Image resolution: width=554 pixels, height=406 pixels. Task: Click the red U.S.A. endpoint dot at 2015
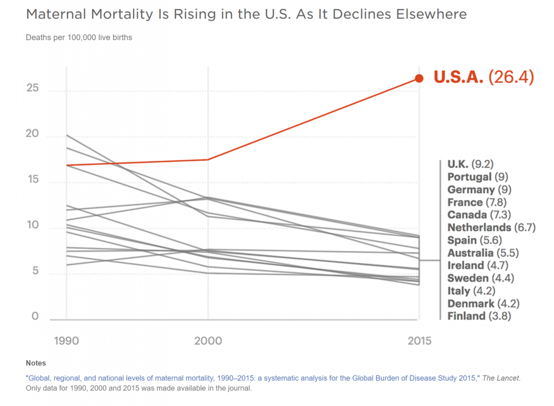(x=419, y=78)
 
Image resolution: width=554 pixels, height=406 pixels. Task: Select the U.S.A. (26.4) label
(x=483, y=78)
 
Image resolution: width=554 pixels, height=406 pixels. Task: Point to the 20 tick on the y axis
(x=33, y=134)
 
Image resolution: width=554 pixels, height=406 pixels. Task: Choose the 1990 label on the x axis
(x=67, y=341)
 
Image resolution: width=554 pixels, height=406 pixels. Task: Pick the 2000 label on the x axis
(x=208, y=341)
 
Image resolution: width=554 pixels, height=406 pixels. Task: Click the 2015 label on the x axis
(x=419, y=341)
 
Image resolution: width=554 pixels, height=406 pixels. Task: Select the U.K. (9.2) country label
(x=470, y=164)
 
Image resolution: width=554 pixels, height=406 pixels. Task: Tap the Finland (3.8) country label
(x=478, y=316)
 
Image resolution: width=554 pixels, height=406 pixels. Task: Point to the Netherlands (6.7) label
(x=491, y=228)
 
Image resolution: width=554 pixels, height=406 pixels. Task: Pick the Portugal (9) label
(x=477, y=177)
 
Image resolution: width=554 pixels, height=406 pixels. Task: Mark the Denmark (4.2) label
(x=483, y=303)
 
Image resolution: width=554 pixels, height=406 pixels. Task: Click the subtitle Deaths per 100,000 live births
(x=79, y=38)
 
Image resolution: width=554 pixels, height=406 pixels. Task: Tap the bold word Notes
(x=36, y=363)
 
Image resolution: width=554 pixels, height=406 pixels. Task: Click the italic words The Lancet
(x=504, y=377)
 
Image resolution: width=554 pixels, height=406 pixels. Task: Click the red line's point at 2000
(x=208, y=160)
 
